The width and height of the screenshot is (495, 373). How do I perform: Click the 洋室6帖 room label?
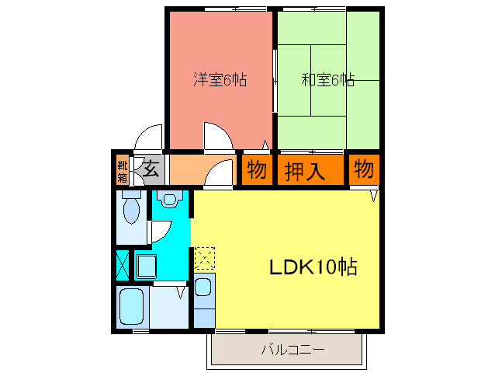tap(220, 79)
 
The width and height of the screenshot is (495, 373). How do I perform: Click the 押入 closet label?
tap(303, 170)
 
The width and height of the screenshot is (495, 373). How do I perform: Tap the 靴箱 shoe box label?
tap(123, 170)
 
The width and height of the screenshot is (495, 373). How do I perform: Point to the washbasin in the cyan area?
tap(171, 200)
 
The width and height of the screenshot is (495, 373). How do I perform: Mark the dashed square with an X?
tap(204, 257)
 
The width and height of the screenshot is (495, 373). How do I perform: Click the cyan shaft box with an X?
tap(122, 264)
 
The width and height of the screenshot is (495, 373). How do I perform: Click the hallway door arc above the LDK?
tap(219, 173)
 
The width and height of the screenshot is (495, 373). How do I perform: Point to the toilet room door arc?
tap(160, 230)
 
